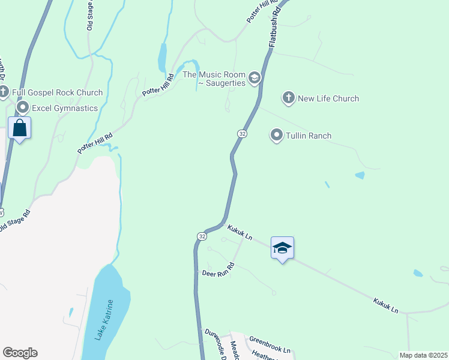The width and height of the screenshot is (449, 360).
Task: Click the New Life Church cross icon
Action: tap(289, 98)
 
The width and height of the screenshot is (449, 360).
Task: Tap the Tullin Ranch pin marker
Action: tap(277, 135)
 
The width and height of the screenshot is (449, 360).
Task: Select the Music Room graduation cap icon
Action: tap(255, 77)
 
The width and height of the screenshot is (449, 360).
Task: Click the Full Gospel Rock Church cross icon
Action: tap(4, 92)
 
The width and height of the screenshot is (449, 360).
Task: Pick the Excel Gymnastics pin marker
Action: tap(23, 107)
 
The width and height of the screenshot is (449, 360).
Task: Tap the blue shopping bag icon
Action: tap(20, 128)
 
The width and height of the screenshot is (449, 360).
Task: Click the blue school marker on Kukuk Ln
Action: tap(282, 248)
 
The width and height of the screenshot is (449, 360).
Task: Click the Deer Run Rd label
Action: tap(217, 268)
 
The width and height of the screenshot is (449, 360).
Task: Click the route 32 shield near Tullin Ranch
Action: tap(242, 133)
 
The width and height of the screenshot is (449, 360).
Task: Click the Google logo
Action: tap(20, 353)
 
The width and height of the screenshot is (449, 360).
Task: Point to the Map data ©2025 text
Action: tap(423, 355)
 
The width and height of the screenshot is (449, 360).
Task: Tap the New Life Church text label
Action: tap(328, 98)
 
